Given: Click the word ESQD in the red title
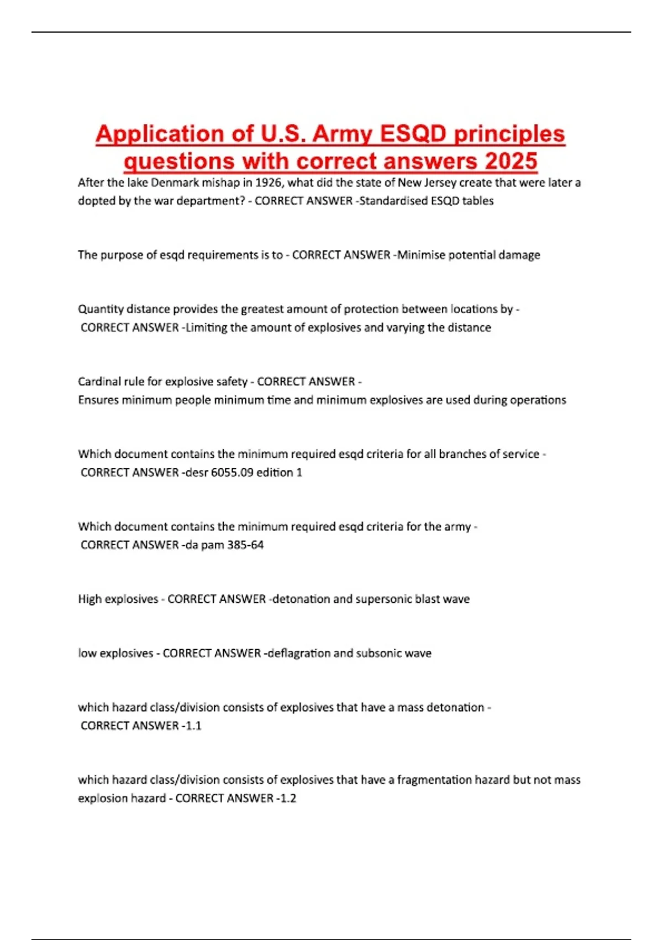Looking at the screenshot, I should [413, 134].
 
